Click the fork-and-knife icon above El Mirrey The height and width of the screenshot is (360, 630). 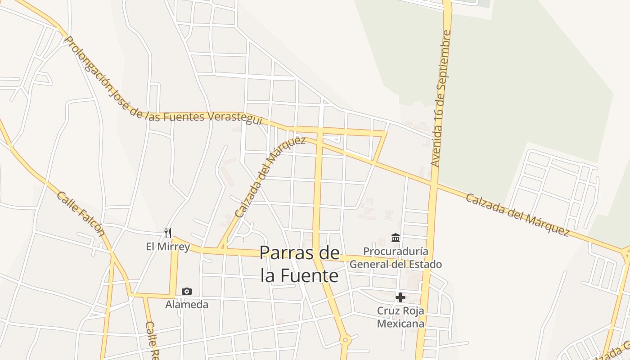pos(168,233)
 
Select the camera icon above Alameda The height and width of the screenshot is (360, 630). pos(187,291)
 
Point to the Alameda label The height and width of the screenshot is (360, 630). pos(187,305)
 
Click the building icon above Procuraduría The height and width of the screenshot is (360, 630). pos(396,238)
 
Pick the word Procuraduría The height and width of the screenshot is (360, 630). pos(396,251)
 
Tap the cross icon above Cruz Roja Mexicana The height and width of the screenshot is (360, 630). pos(400,297)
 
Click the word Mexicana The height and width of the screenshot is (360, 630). pos(400,324)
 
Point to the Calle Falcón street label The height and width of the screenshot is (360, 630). pos(81,214)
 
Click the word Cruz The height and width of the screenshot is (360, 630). pos(387,310)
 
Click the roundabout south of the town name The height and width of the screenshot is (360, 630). pos(345,340)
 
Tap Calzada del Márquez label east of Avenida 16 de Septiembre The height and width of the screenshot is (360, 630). pos(517,215)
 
